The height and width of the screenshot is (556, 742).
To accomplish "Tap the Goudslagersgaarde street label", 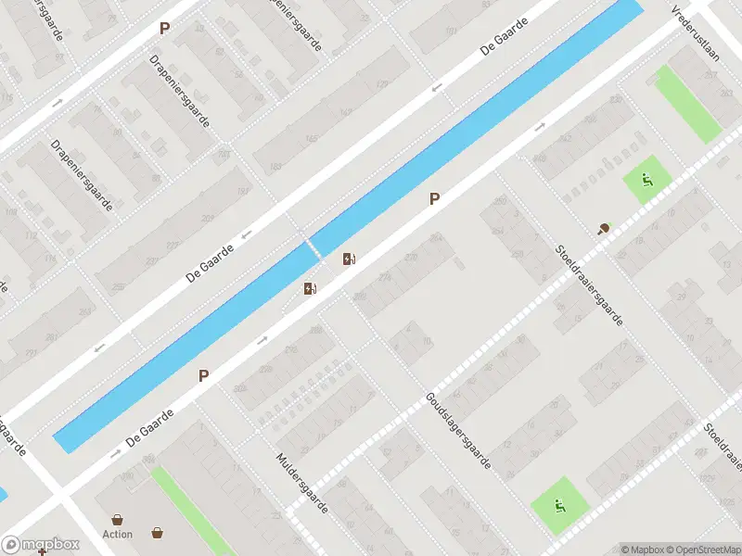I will click(458, 429).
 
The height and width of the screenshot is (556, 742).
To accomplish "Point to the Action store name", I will click(118, 535).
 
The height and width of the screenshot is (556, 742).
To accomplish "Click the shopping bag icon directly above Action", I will click(118, 519).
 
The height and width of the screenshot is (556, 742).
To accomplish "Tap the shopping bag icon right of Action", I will click(158, 533).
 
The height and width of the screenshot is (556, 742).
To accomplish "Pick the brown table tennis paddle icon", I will click(605, 228).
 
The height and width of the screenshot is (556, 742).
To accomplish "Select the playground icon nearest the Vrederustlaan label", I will click(646, 180).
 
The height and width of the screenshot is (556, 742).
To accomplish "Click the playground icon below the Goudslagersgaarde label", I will click(558, 506).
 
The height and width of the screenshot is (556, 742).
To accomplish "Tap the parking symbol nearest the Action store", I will click(203, 376).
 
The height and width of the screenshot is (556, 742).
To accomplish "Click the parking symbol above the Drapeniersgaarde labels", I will click(164, 29).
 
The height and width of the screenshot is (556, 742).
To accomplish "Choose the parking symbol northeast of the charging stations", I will click(433, 198).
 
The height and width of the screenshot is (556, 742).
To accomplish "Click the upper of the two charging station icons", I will click(349, 259).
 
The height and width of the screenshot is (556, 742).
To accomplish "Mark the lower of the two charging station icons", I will click(310, 289).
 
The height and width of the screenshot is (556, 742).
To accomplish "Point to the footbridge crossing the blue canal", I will click(306, 247).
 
